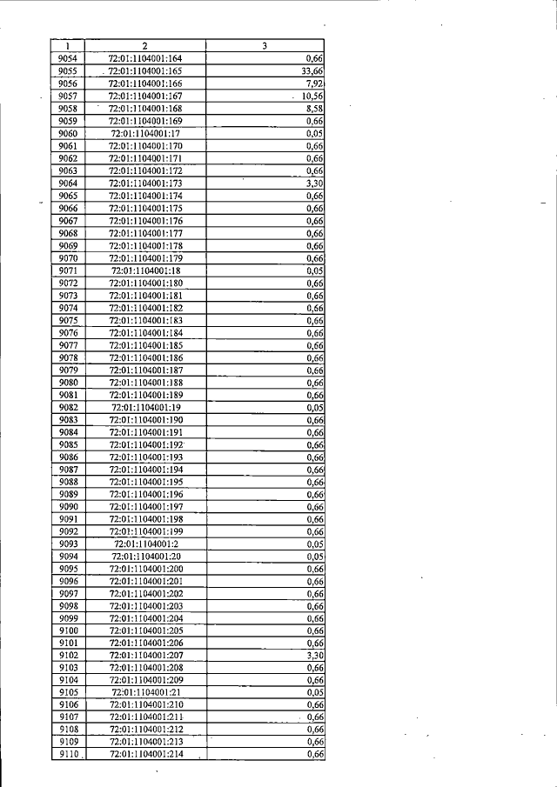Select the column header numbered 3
[x=264, y=45]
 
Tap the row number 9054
[x=69, y=58]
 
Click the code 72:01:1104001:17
[x=144, y=134]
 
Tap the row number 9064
[x=69, y=184]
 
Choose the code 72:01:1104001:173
[x=144, y=184]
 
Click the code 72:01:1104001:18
[x=144, y=270]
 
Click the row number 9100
[x=69, y=630]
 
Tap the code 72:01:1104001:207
[x=144, y=655]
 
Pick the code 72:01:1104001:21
[x=144, y=692]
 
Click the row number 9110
[x=69, y=755]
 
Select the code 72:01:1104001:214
[x=144, y=755]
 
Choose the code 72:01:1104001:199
[x=144, y=531]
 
